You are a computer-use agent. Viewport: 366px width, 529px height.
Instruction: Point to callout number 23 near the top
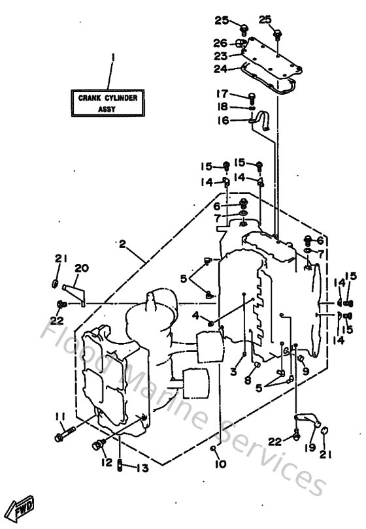[221, 56]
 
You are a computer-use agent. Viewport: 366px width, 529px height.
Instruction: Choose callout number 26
[220, 43]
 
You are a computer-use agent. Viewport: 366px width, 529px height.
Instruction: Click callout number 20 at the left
[81, 268]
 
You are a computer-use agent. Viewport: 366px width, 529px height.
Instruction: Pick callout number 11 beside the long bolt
[59, 417]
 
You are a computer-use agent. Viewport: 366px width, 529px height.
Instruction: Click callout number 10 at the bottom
[220, 464]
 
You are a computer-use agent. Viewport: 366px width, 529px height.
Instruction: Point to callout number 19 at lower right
[309, 447]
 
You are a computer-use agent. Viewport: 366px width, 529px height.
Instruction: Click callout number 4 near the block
[195, 316]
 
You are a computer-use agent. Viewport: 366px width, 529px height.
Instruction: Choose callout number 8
[248, 379]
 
